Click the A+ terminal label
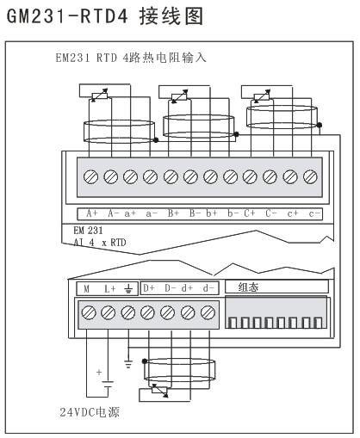coord(92,213)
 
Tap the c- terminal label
coord(314,214)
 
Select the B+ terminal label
coord(173,213)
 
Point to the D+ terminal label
coord(149,288)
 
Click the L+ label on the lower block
coord(110,289)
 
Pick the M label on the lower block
coord(86,289)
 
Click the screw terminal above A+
coord(90,176)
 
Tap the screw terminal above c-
coord(310,176)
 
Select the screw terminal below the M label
coord(89,312)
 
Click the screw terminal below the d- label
coord(208,312)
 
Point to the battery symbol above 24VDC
coord(108,385)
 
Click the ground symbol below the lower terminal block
coord(128,364)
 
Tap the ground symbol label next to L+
coord(128,289)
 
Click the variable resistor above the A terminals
coord(99,96)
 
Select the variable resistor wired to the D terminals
coord(160,390)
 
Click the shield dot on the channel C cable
coord(319,125)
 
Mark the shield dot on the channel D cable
coord(145,361)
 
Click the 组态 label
coord(248,287)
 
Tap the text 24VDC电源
coord(90,412)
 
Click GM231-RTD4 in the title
coord(67,16)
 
